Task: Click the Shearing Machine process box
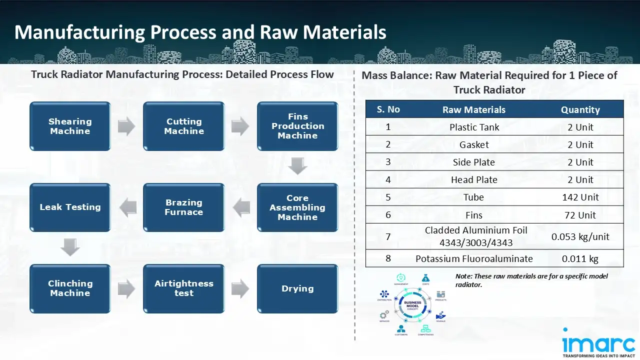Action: pyautogui.click(x=70, y=126)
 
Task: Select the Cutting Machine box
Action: pyautogui.click(x=184, y=126)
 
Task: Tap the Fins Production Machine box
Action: pyautogui.click(x=297, y=126)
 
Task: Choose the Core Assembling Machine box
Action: pyautogui.click(x=297, y=207)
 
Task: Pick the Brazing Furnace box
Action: pyautogui.click(x=184, y=207)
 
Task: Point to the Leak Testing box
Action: pyautogui.click(x=70, y=207)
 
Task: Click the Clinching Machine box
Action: pyautogui.click(x=70, y=288)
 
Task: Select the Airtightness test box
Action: pyautogui.click(x=184, y=288)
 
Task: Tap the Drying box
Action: pyautogui.click(x=297, y=288)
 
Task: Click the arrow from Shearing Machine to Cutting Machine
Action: pyautogui.click(x=126, y=126)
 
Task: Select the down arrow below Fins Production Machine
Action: pyautogui.click(x=297, y=166)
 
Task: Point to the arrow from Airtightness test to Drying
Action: pyautogui.click(x=240, y=288)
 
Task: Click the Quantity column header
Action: pyautogui.click(x=580, y=109)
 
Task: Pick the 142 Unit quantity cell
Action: pyautogui.click(x=580, y=197)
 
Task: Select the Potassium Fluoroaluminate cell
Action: pyautogui.click(x=474, y=258)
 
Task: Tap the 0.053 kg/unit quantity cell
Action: pyautogui.click(x=580, y=236)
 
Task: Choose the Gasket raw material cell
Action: pyautogui.click(x=474, y=144)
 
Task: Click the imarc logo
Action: pyautogui.click(x=598, y=343)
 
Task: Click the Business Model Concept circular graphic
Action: pyautogui.click(x=412, y=304)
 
